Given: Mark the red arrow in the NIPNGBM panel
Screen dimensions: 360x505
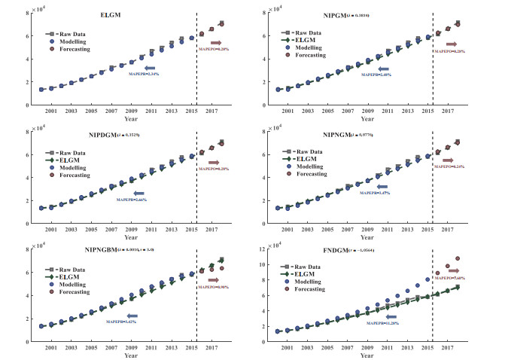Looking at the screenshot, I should coord(213,280).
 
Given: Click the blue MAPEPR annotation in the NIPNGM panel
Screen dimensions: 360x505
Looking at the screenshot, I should coord(372,194).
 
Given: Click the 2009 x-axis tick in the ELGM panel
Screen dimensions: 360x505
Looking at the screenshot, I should coord(131,111).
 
